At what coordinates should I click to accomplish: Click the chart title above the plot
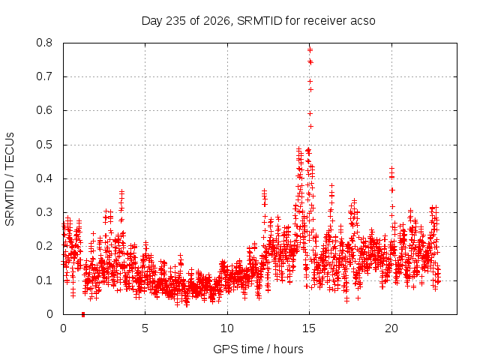258,21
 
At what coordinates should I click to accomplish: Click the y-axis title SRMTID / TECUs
10,179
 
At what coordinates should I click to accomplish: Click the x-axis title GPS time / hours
258,349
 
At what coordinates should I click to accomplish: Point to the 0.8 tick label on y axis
44,43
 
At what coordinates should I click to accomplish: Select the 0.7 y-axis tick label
44,76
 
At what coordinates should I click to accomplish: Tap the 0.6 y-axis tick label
44,110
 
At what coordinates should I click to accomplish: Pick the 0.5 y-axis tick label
44,145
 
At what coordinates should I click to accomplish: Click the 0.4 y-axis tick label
44,178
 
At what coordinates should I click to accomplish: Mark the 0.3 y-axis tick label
44,212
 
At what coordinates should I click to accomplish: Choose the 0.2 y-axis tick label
44,246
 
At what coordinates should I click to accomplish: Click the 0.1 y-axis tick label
44,280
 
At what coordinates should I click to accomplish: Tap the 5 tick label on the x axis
145,328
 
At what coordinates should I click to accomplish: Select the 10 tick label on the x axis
227,328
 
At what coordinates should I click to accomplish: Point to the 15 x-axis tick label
309,328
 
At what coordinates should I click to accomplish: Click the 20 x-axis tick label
391,328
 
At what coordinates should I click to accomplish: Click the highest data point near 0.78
310,49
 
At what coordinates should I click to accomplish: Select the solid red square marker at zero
83,314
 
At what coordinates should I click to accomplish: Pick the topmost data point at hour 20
391,169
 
